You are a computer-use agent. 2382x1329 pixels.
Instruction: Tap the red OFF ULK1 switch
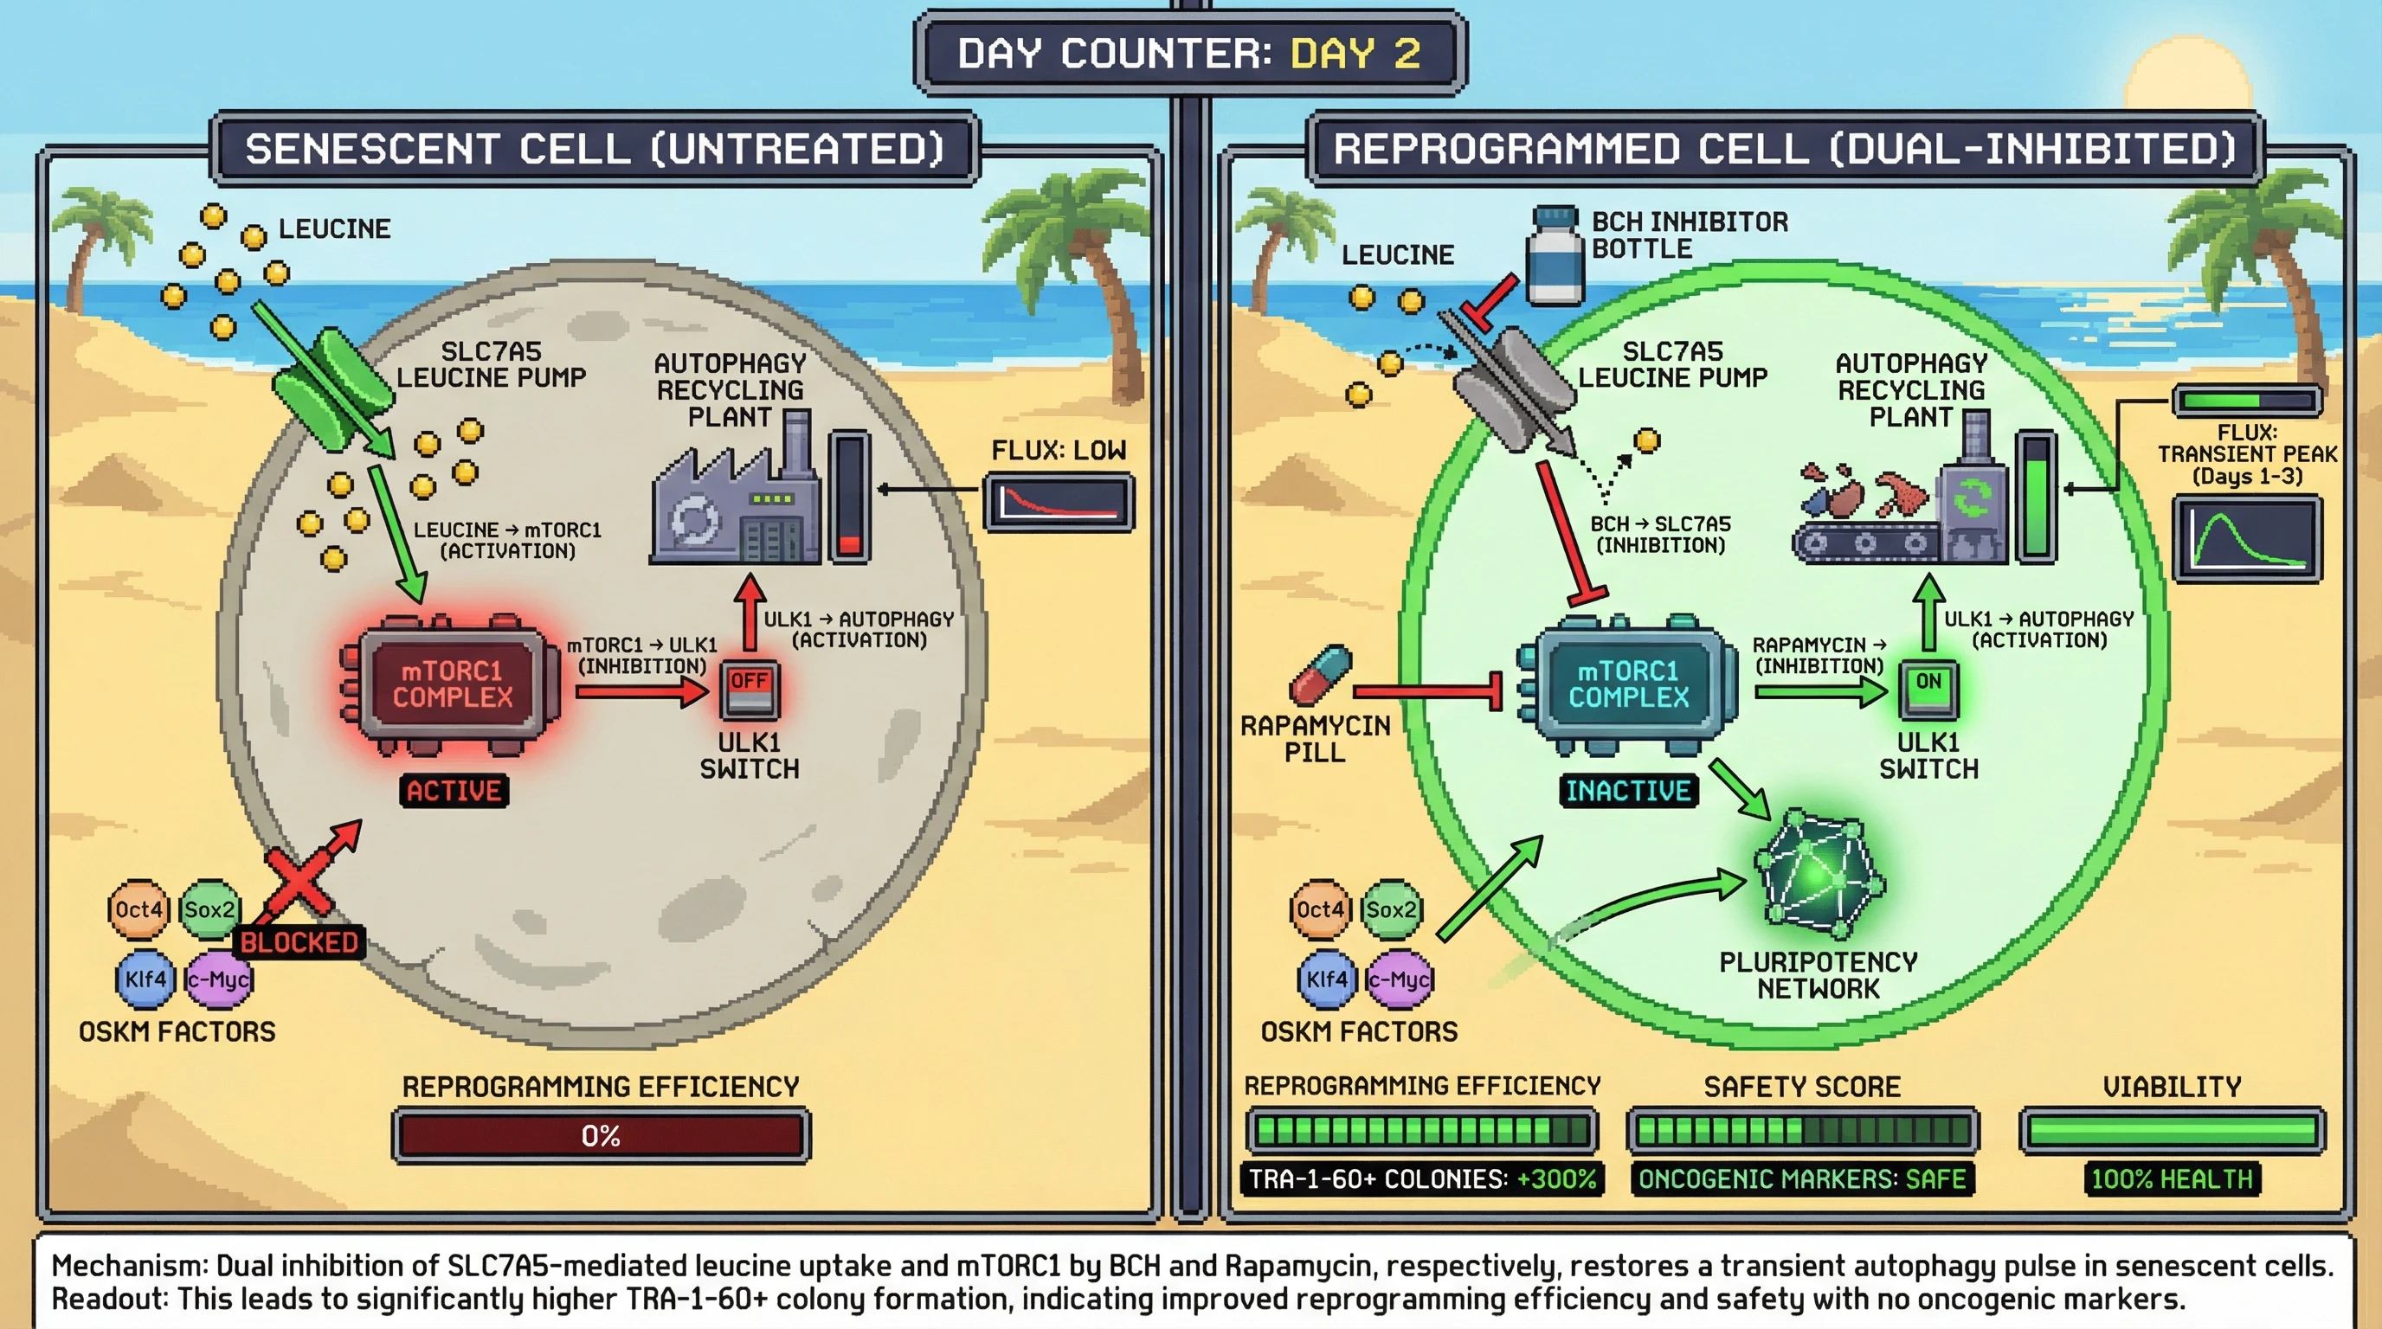coord(749,690)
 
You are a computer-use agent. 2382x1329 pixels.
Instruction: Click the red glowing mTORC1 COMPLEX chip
coord(452,684)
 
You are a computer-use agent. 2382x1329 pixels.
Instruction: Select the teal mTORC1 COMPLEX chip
coord(1628,684)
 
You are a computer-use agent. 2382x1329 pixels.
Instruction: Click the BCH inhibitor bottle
coord(1555,256)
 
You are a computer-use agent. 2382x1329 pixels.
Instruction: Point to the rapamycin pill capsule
coord(1321,676)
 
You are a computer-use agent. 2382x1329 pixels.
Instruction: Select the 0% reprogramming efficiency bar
coord(601,1135)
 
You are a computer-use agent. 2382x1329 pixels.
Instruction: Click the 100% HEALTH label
coord(2171,1179)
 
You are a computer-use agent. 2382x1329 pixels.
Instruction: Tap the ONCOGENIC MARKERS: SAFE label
coord(1801,1179)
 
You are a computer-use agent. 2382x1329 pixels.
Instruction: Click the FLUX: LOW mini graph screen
coord(1059,503)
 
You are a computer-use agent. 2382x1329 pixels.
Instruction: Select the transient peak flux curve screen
coord(2247,539)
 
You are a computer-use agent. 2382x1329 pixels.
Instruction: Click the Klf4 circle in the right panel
coord(1326,979)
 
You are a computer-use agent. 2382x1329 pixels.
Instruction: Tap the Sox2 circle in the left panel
coord(210,909)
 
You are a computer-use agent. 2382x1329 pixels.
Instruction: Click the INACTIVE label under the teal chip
coord(1628,791)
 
